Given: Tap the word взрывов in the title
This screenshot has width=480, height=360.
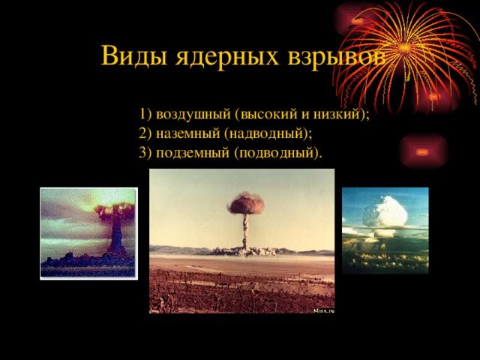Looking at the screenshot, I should tap(337, 55).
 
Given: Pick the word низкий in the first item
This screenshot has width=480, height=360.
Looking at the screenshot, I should tap(337, 115).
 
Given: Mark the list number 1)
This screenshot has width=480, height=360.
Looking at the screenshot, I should tap(145, 115).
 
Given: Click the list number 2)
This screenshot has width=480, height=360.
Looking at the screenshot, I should tap(145, 133).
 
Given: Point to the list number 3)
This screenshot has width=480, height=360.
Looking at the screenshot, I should tap(145, 153).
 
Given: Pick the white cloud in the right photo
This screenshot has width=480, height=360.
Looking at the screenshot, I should tap(385, 212).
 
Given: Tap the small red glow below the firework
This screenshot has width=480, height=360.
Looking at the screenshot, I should tap(422, 151).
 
